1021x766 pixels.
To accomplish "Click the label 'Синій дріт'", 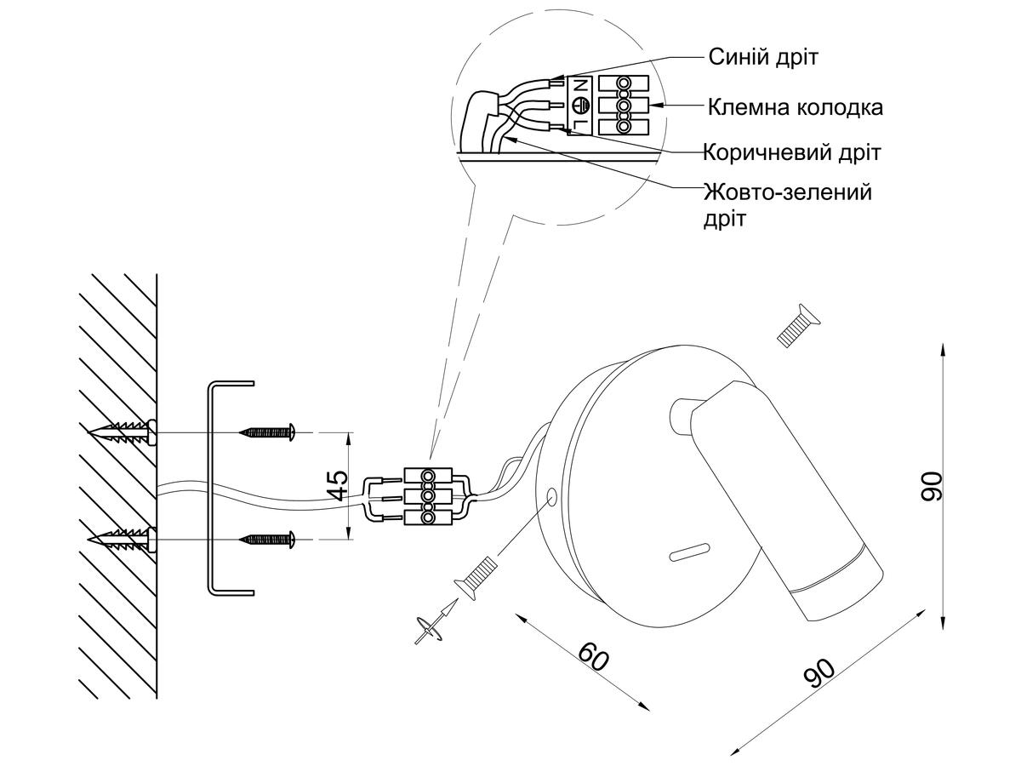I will point(762,58).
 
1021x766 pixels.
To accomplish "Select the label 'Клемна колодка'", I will point(795,108).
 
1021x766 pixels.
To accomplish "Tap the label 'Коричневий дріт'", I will point(791,153).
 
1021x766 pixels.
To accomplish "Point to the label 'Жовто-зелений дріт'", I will point(787,204).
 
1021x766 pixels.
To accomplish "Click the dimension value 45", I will point(338,486).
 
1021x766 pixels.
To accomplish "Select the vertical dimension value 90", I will point(933,485).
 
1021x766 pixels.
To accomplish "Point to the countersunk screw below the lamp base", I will point(476,576).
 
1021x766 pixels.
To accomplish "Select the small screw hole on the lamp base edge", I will point(550,495).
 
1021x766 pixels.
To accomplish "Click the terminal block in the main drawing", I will point(425,496).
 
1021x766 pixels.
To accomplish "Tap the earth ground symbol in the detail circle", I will point(582,106).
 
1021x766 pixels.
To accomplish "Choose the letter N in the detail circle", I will point(582,87).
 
